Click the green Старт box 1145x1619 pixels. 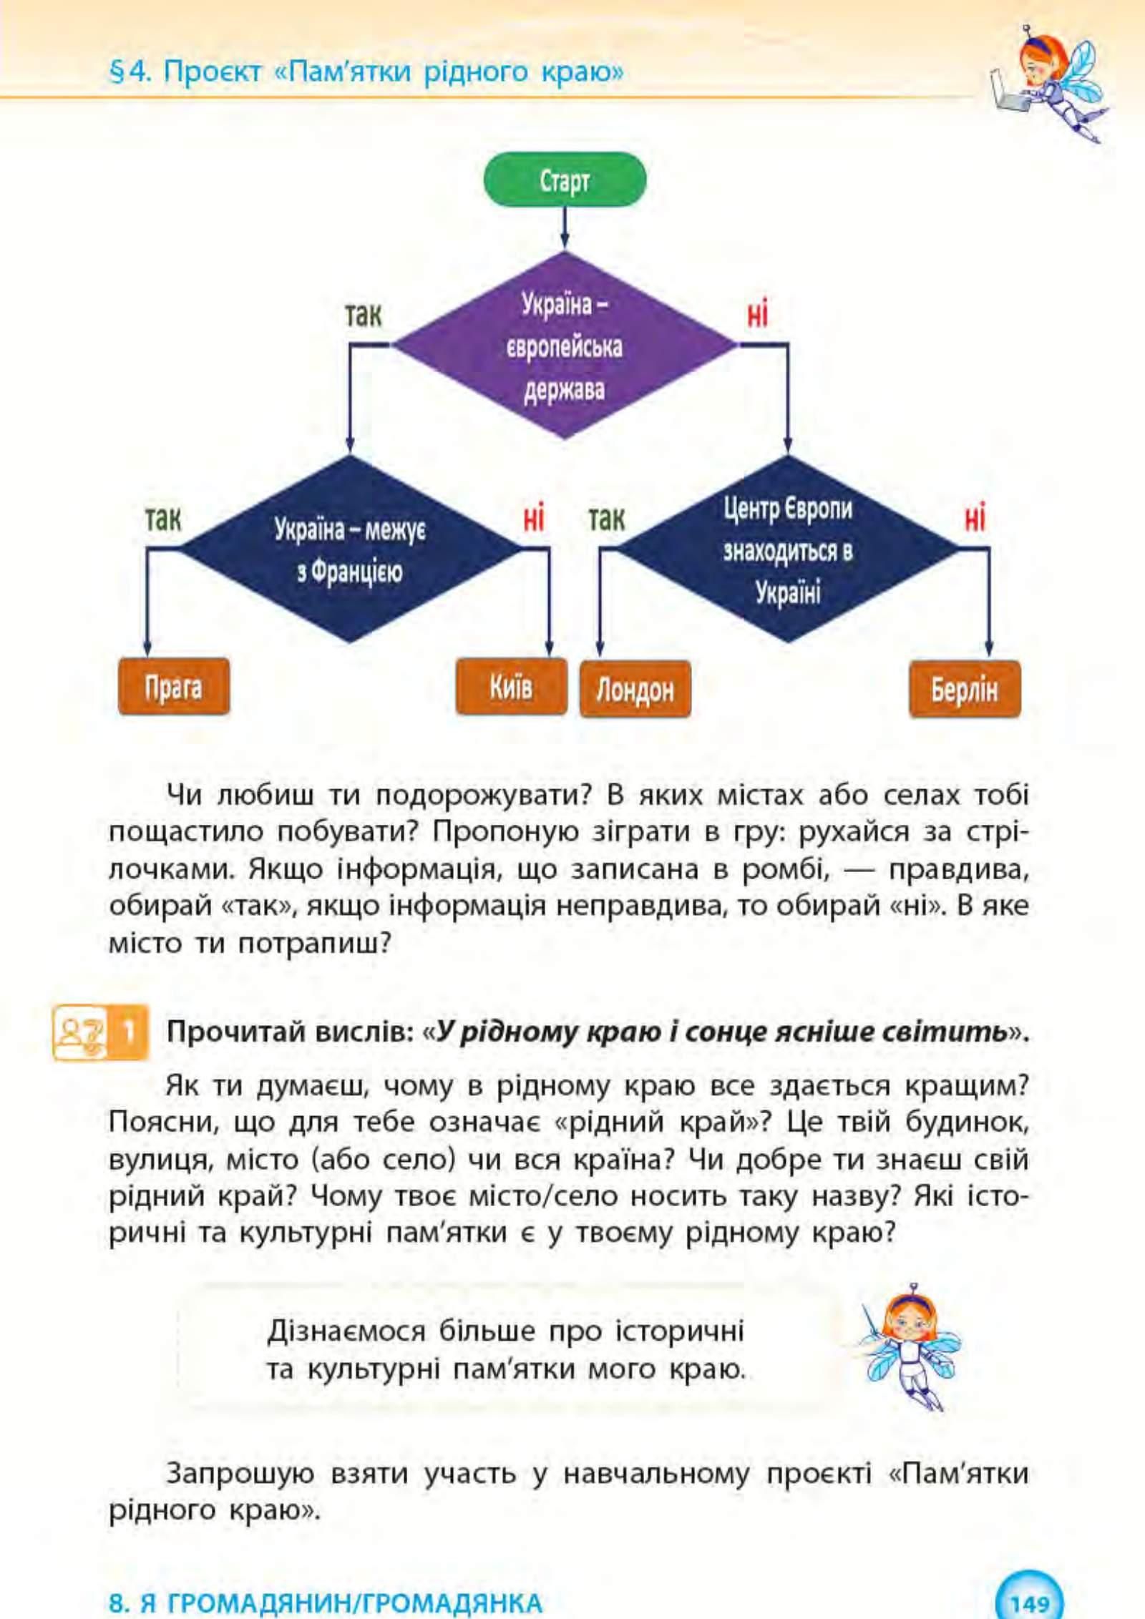pos(564,180)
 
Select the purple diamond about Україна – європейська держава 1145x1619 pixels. pos(564,346)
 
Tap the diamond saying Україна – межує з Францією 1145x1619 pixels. pos(349,549)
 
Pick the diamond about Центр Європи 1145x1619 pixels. pos(787,549)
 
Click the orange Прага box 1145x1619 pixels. pos(174,687)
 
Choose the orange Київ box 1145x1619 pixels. pos(511,687)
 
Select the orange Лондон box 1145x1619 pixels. pos(635,689)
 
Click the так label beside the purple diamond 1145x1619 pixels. pos(364,315)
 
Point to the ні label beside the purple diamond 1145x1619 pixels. pos(757,315)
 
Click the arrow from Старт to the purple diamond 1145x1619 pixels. pos(564,228)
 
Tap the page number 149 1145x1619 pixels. pos(1029,1602)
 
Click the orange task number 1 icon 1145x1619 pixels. pos(130,1032)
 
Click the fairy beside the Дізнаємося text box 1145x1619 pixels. pos(910,1345)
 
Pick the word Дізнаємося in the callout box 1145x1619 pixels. pos(346,1331)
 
